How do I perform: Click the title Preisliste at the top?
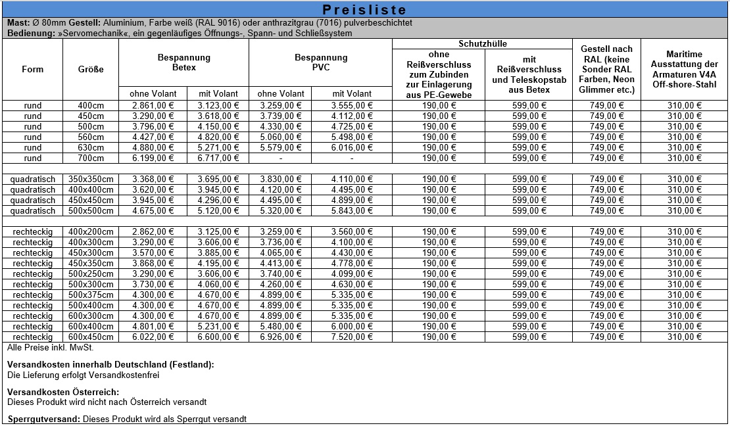click(365, 10)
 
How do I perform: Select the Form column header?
click(32, 70)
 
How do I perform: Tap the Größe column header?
click(91, 70)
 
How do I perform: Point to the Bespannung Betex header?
click(183, 62)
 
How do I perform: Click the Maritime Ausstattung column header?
click(684, 70)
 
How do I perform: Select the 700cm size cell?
click(91, 158)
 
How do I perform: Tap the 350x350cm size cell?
click(91, 179)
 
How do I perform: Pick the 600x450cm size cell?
click(91, 337)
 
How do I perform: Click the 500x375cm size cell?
click(91, 295)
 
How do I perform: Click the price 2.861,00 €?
click(151, 105)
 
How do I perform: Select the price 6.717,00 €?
click(217, 158)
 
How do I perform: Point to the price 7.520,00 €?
click(352, 337)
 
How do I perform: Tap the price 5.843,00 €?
click(352, 210)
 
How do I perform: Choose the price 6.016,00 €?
click(352, 147)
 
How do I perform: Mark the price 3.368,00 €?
click(151, 179)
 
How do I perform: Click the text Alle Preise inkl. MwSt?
click(41, 346)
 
